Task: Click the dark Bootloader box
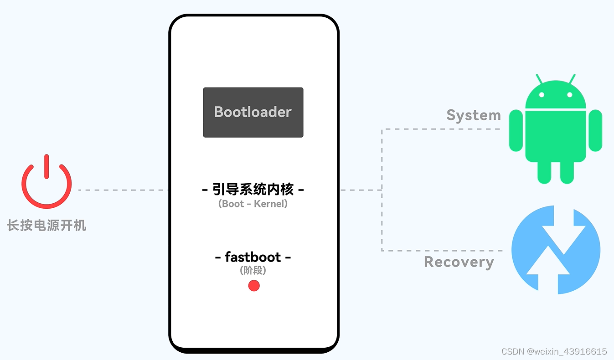pyautogui.click(x=253, y=112)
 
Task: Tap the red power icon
pyautogui.click(x=46, y=182)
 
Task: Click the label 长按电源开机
pyautogui.click(x=46, y=225)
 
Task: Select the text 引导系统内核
pyautogui.click(x=253, y=189)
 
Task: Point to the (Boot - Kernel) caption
pyautogui.click(x=253, y=204)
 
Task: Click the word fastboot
pyautogui.click(x=253, y=257)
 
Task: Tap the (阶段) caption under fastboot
pyautogui.click(x=253, y=270)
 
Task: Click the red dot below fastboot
pyautogui.click(x=254, y=286)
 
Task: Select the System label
pyautogui.click(x=473, y=115)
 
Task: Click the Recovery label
pyautogui.click(x=459, y=262)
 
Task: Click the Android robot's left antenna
pyautogui.click(x=539, y=79)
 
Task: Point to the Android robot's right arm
pyautogui.click(x=595, y=130)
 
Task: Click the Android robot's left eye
pyautogui.click(x=541, y=95)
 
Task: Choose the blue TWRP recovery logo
pyautogui.click(x=556, y=250)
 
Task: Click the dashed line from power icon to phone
pyautogui.click(x=123, y=190)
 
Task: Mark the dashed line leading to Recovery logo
pyautogui.click(x=442, y=250)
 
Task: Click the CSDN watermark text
pyautogui.click(x=554, y=351)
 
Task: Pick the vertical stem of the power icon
pyautogui.click(x=46, y=166)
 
